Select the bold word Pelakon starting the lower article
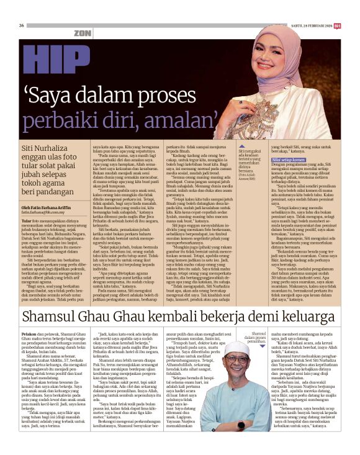29,336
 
